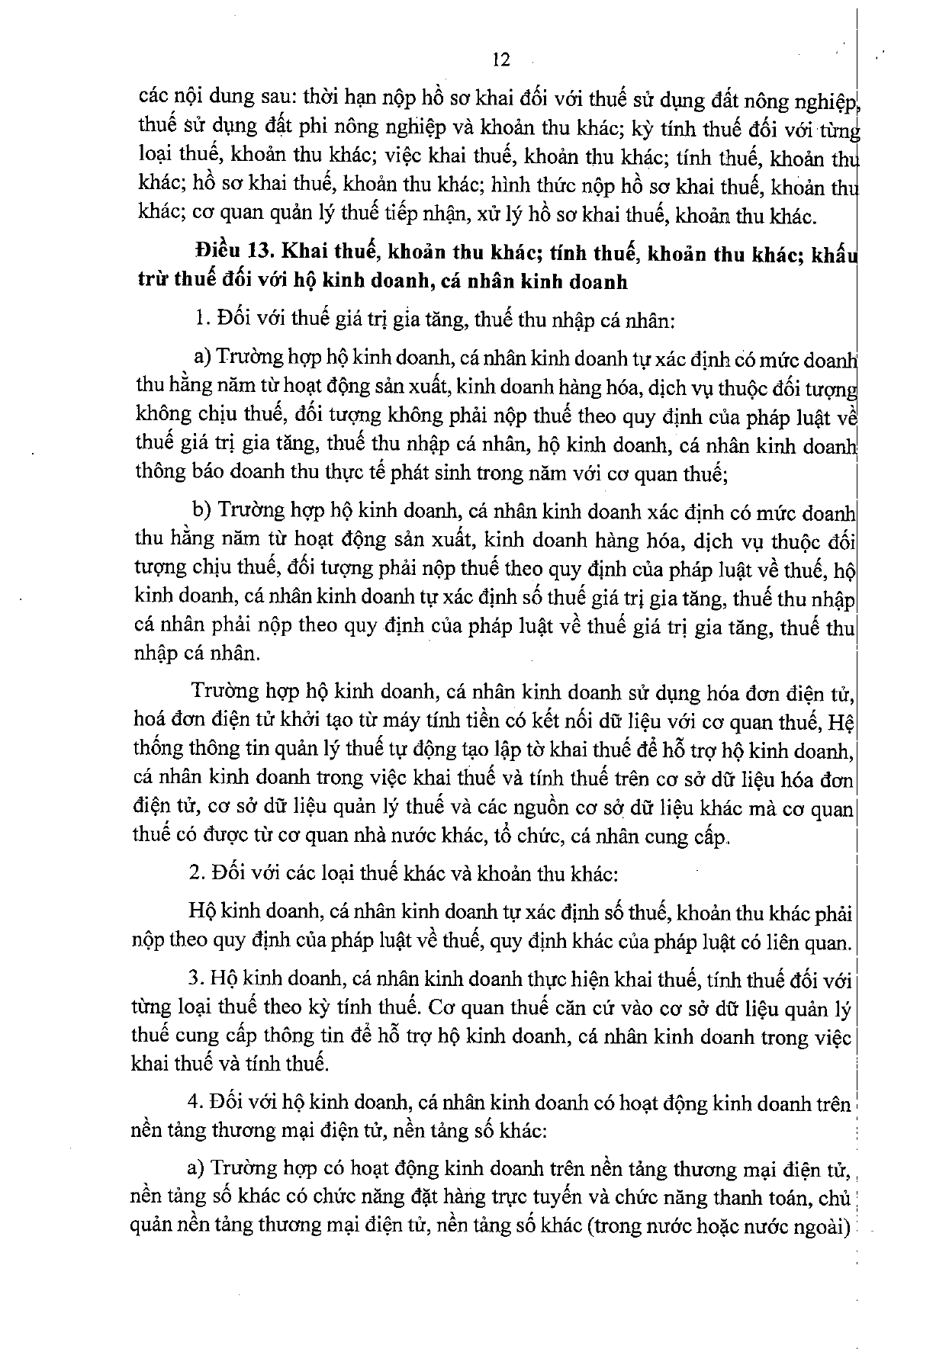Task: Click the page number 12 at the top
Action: (x=500, y=59)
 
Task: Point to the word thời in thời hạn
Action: (x=321, y=98)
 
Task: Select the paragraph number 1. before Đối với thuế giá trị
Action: (x=201, y=320)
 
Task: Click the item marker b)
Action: (x=201, y=509)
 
